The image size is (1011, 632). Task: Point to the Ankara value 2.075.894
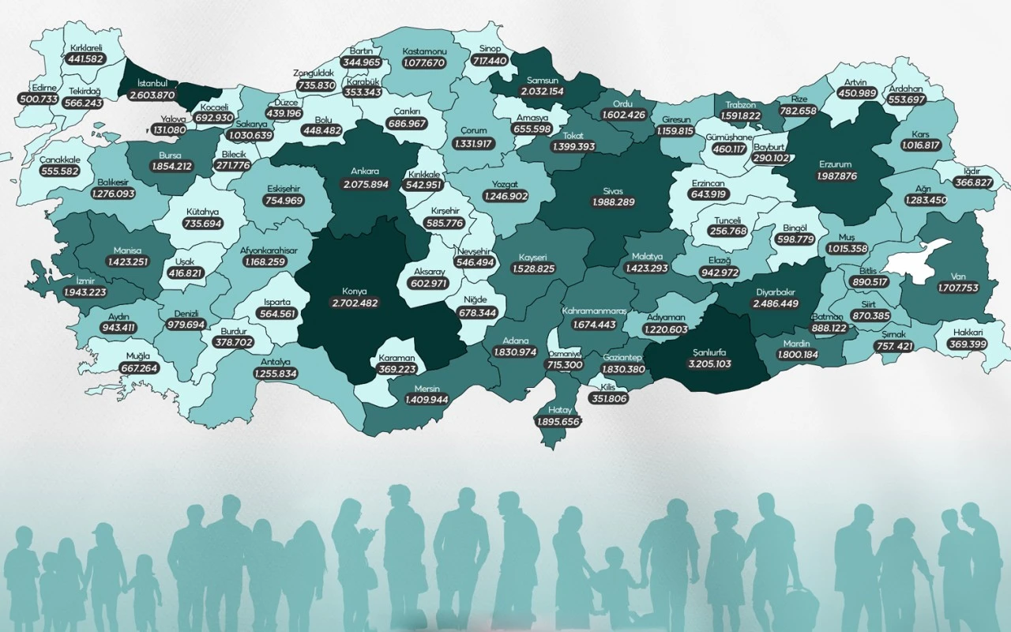(366, 184)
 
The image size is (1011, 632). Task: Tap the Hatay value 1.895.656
(558, 422)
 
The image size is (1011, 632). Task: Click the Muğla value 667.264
(140, 368)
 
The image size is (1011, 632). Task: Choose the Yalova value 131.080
(168, 130)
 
